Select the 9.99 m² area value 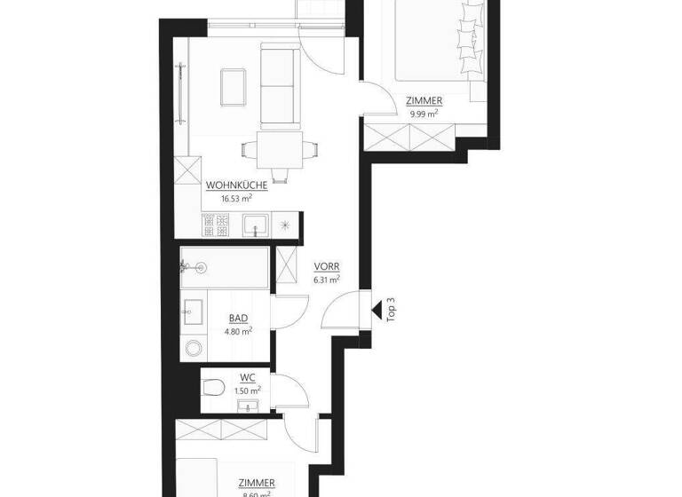(x=424, y=114)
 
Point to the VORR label (x=326, y=265)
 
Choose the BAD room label (x=237, y=318)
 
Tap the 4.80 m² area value (x=238, y=331)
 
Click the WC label (x=248, y=377)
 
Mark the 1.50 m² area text (x=248, y=390)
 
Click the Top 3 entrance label (x=392, y=312)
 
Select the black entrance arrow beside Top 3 (x=377, y=311)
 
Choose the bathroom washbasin (x=193, y=311)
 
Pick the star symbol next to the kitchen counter (x=284, y=225)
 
